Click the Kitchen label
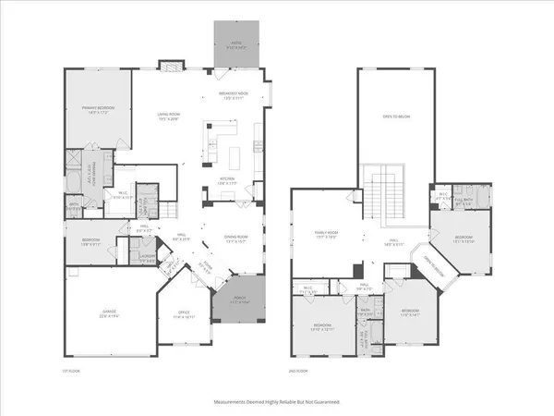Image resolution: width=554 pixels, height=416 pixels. [228, 180]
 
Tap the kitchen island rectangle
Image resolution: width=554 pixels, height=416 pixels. [233, 153]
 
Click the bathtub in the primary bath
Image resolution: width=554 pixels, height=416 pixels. [73, 177]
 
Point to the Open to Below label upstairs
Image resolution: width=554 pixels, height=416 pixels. [395, 116]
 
